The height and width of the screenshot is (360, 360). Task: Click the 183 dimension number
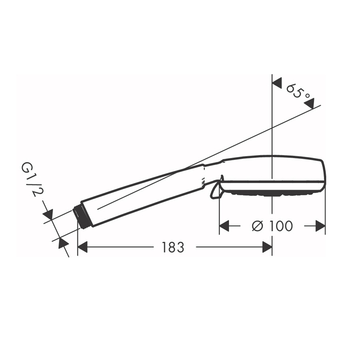(173, 247)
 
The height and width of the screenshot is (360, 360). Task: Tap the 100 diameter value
(281, 226)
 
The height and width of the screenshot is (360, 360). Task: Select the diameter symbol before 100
(257, 226)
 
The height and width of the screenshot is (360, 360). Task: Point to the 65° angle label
(298, 92)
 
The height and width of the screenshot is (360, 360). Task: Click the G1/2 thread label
(30, 179)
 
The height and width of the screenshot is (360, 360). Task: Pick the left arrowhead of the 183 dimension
(83, 247)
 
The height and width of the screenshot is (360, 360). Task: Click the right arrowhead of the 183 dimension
(267, 247)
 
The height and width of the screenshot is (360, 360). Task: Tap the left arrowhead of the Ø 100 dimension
(224, 226)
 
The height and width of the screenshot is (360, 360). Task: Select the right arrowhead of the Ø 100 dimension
(320, 226)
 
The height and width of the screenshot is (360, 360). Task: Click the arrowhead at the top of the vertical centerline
(277, 83)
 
